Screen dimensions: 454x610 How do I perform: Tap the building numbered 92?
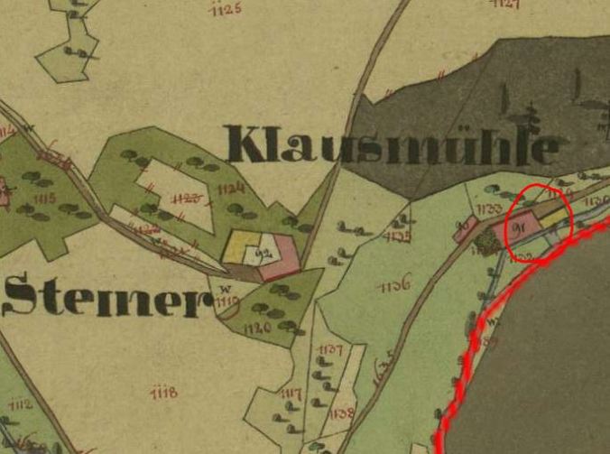pyautogui.click(x=265, y=255)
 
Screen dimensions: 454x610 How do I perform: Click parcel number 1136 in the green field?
pyautogui.click(x=394, y=286)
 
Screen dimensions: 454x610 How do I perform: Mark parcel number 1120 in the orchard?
pyautogui.click(x=257, y=329)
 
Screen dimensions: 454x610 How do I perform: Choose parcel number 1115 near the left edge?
pyautogui.click(x=42, y=198)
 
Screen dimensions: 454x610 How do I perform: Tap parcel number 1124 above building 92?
pyautogui.click(x=232, y=189)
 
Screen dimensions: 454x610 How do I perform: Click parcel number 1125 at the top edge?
pyautogui.click(x=225, y=9)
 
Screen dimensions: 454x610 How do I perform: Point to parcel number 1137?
pyautogui.click(x=331, y=348)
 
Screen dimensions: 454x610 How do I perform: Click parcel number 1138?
pyautogui.click(x=340, y=413)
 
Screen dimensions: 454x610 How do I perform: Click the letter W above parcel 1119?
pyautogui.click(x=225, y=288)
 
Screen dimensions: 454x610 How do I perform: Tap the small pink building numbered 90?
pyautogui.click(x=467, y=228)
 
